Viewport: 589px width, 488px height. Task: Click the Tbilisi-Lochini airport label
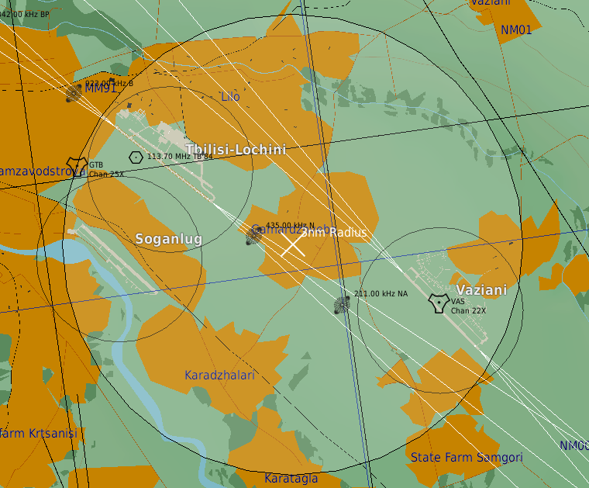236,150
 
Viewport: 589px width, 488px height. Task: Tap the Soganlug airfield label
169,239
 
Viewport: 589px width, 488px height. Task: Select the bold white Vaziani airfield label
481,290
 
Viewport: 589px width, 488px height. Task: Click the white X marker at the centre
292,244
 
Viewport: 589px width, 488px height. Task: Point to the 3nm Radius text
334,232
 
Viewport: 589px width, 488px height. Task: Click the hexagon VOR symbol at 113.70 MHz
136,157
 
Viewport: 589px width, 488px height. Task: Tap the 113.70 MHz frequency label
179,156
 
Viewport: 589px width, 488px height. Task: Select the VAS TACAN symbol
439,303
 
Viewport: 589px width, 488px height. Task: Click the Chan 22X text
469,310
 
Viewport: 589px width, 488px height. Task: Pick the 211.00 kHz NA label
381,293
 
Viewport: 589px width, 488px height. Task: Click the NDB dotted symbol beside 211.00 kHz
342,305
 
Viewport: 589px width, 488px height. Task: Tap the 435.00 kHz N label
290,226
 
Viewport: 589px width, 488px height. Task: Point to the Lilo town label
230,97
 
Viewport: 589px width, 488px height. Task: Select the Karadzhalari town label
219,376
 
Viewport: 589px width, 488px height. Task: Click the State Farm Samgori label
467,458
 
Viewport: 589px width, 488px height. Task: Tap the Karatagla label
291,479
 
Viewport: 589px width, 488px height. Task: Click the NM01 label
516,30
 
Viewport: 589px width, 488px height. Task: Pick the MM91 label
101,88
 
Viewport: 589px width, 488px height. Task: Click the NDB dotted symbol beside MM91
74,94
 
